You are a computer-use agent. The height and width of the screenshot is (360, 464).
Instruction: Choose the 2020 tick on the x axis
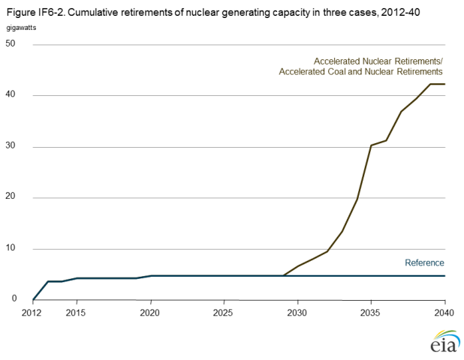tap(150, 310)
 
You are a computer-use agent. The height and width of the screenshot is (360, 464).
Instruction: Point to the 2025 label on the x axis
tap(224, 310)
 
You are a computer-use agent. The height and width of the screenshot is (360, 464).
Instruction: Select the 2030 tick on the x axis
tap(297, 310)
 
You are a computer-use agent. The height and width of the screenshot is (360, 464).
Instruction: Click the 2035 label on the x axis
tap(371, 310)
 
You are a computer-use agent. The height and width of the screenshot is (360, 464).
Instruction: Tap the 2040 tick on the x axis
tap(444, 310)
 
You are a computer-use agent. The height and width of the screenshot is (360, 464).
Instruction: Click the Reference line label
tap(424, 262)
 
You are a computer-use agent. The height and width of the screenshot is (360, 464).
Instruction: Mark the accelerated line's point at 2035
tap(371, 145)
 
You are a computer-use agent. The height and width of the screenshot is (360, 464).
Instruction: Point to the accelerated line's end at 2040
tap(444, 84)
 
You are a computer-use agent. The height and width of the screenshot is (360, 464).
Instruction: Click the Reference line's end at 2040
tap(444, 276)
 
